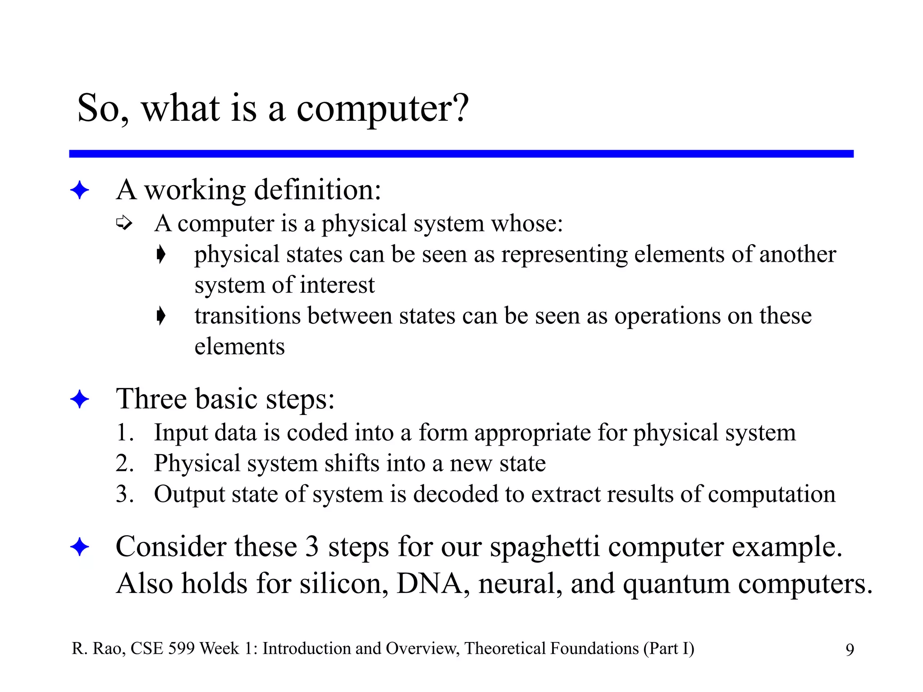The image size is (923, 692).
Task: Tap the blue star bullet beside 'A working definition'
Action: [x=80, y=190]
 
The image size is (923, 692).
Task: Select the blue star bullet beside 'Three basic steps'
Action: [x=80, y=399]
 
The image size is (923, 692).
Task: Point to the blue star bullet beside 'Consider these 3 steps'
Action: [x=80, y=547]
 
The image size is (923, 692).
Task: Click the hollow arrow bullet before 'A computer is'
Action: [x=124, y=223]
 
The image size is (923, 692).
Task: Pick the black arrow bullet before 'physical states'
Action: [x=161, y=254]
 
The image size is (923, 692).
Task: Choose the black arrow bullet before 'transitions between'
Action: [x=161, y=315]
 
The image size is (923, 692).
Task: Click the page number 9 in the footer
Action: [x=850, y=650]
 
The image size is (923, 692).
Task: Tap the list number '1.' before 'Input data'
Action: [x=124, y=432]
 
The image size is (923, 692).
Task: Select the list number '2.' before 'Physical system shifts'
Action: [x=124, y=463]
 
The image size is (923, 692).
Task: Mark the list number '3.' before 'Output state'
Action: [x=124, y=494]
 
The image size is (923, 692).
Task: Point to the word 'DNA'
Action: [x=430, y=584]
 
